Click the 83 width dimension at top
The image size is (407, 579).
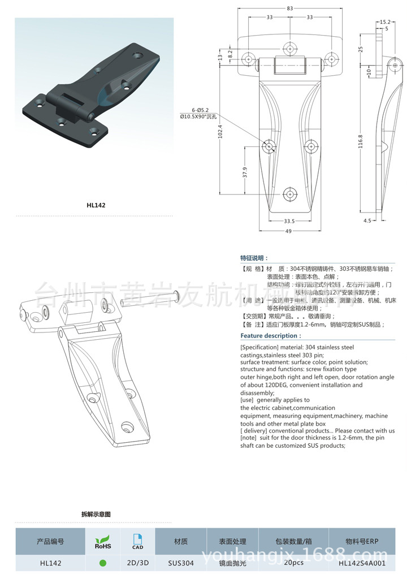coord(289,8)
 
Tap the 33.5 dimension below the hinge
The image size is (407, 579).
coord(289,221)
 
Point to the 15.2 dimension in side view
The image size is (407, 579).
coord(385,22)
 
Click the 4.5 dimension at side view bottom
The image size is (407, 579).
coord(367,221)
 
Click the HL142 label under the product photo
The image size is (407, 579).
coord(96,205)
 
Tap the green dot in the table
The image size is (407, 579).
coord(103,563)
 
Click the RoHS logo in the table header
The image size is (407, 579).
coord(103,542)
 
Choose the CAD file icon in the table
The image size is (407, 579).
coord(137,541)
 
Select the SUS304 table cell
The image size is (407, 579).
coord(181,563)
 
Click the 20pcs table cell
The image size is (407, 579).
coord(294,563)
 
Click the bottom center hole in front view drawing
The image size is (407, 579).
coord(291,193)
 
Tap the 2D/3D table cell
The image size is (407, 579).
coord(137,563)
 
